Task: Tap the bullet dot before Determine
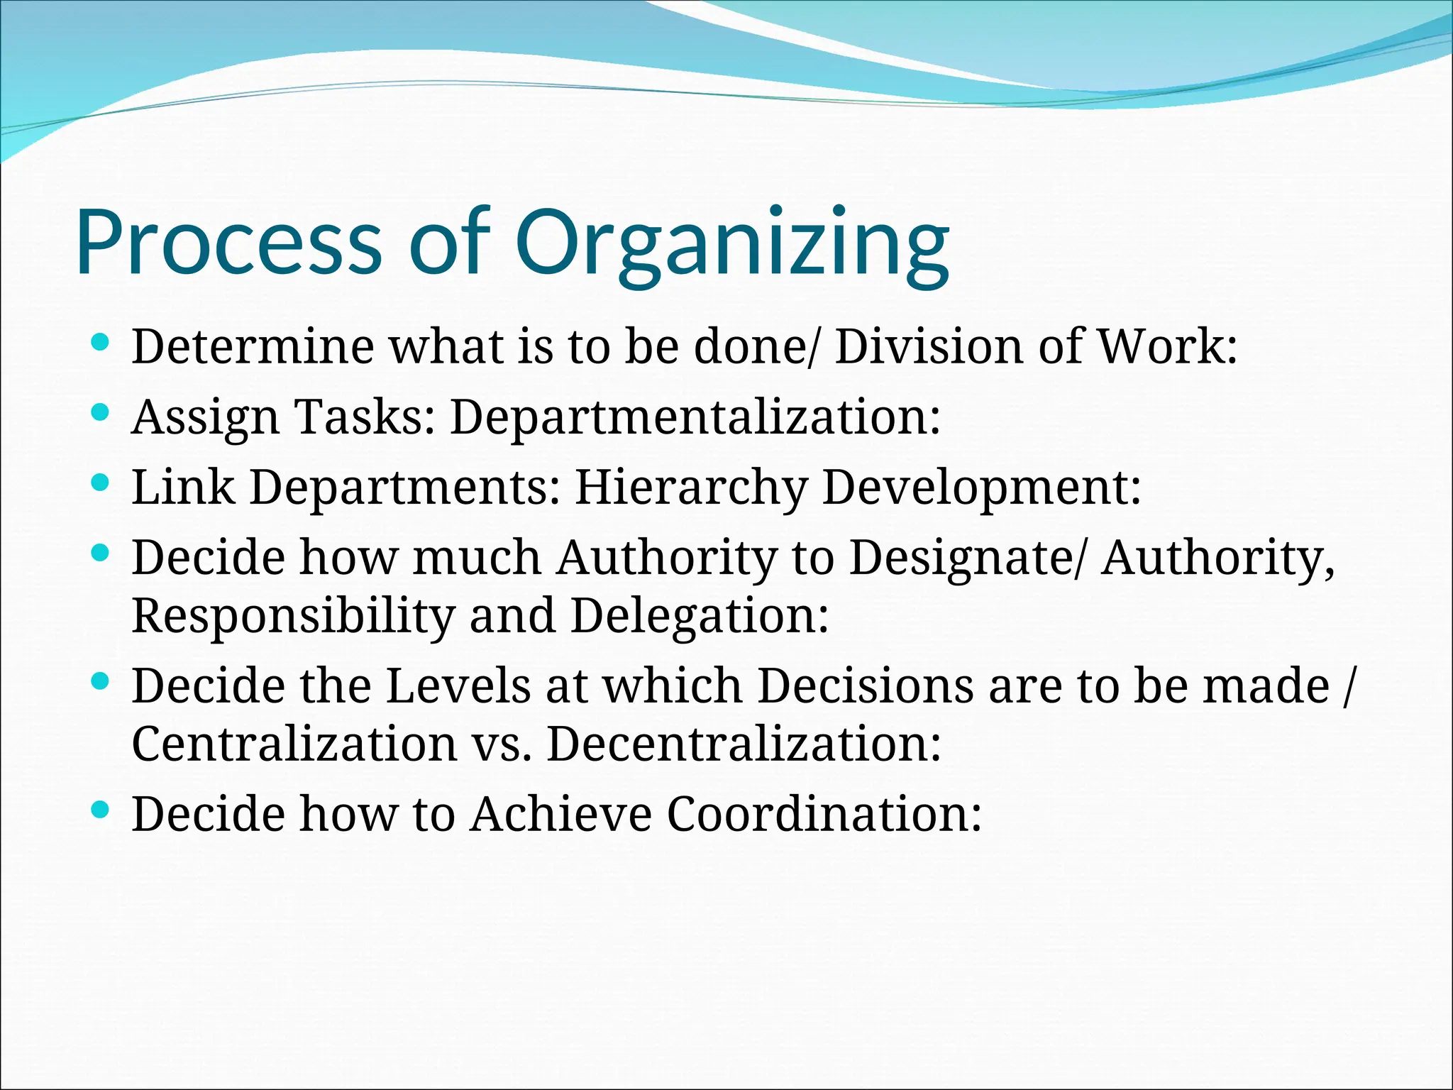click(100, 343)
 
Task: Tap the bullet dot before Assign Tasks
click(100, 412)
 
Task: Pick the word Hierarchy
click(691, 488)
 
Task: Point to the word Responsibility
click(292, 616)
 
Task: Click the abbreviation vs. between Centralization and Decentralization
click(501, 745)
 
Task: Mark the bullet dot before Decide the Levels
click(100, 682)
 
